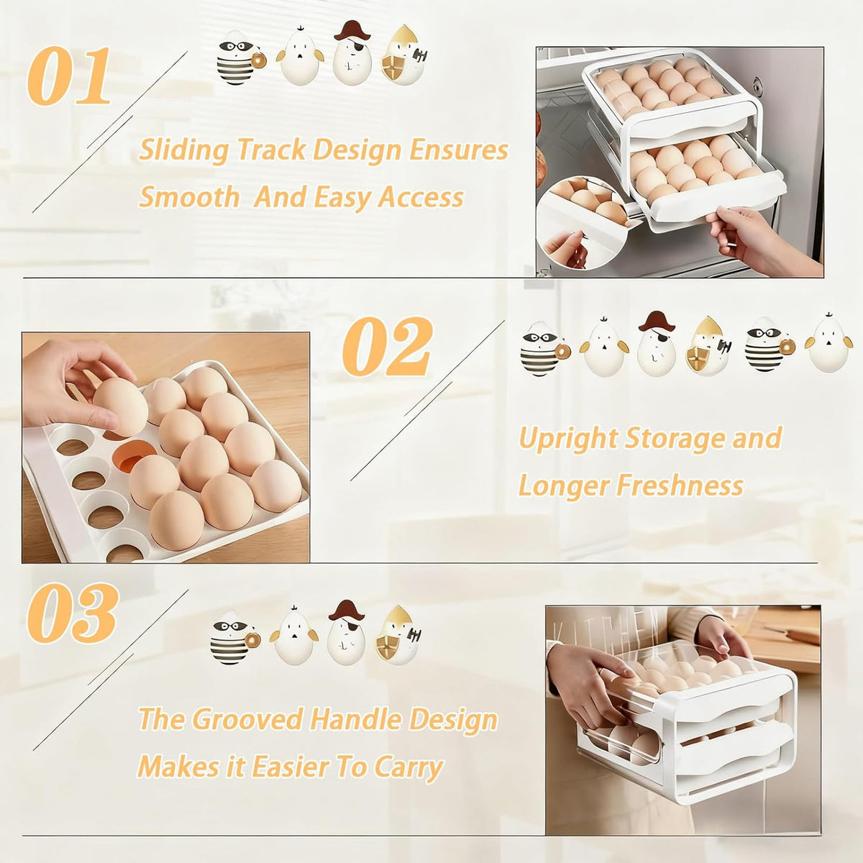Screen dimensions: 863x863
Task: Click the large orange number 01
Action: tap(70, 76)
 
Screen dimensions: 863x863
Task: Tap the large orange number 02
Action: tap(388, 345)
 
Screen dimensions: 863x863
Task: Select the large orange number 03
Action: tap(73, 614)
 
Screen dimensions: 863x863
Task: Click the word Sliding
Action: tap(184, 150)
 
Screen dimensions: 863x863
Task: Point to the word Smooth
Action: tap(189, 197)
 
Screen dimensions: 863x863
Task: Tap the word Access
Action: tap(421, 197)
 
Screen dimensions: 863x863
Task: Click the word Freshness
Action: tap(680, 485)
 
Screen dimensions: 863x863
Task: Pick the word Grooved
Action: tap(247, 720)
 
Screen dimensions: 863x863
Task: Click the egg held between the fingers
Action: tap(121, 406)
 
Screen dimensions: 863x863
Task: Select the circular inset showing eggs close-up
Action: tap(583, 222)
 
